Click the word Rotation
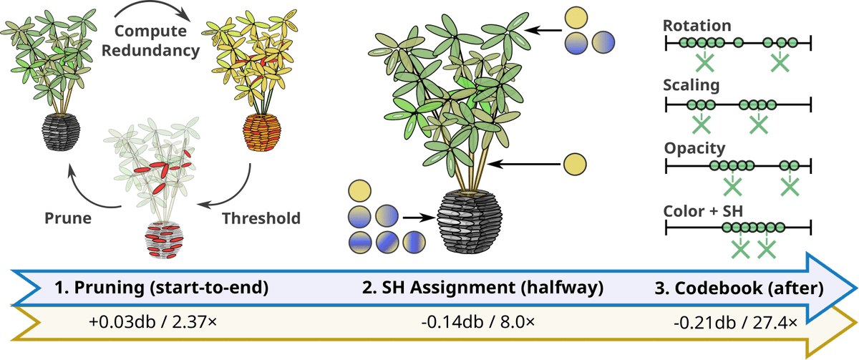[x=697, y=26]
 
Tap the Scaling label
[x=691, y=85]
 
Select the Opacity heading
[x=694, y=148]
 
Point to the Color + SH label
[x=703, y=211]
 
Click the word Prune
[x=68, y=218]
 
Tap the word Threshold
[x=261, y=218]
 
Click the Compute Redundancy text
[x=150, y=41]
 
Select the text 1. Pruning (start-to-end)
[x=161, y=288]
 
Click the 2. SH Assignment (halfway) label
[x=482, y=288]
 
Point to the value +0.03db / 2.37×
[x=152, y=322]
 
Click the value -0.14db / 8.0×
[x=477, y=322]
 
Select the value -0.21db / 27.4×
[x=735, y=323]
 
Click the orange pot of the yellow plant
[x=262, y=132]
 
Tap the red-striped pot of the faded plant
[x=164, y=240]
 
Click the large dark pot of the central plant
[x=470, y=221]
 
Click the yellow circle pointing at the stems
[x=575, y=165]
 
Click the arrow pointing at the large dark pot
[x=419, y=218]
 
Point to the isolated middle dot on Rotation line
[x=738, y=42]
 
